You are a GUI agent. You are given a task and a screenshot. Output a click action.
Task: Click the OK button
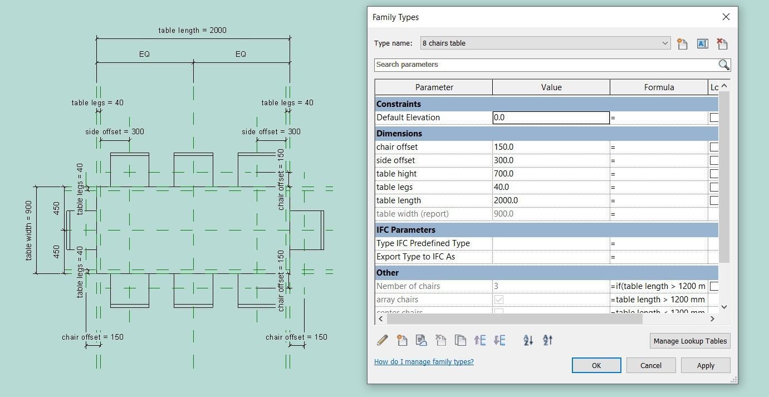pos(596,365)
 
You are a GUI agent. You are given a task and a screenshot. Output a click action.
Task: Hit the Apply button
pos(705,365)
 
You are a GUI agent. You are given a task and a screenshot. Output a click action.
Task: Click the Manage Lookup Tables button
pos(689,341)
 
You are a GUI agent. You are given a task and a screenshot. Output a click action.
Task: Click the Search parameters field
pos(546,65)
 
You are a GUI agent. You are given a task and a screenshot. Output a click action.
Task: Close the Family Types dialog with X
pos(726,17)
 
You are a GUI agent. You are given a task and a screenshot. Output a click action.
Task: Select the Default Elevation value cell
pos(551,117)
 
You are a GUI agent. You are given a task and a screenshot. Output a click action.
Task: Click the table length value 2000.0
pos(551,200)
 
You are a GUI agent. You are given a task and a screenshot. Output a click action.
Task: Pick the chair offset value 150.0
pos(551,147)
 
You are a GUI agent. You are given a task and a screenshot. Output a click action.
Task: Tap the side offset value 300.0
pos(551,160)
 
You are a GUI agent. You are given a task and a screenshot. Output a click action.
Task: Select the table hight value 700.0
pos(551,174)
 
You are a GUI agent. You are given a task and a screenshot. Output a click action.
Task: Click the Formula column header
pos(658,87)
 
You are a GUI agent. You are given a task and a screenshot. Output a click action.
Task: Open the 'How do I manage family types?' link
pos(424,362)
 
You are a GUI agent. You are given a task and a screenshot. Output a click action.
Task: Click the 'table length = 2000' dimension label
pos(192,30)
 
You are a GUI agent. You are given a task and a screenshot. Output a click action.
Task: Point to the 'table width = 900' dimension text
pos(29,230)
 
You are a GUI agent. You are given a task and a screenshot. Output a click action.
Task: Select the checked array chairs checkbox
pos(499,300)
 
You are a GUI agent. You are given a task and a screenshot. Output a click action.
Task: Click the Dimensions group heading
pos(399,134)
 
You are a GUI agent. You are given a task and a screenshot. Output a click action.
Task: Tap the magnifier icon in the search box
pos(723,65)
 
